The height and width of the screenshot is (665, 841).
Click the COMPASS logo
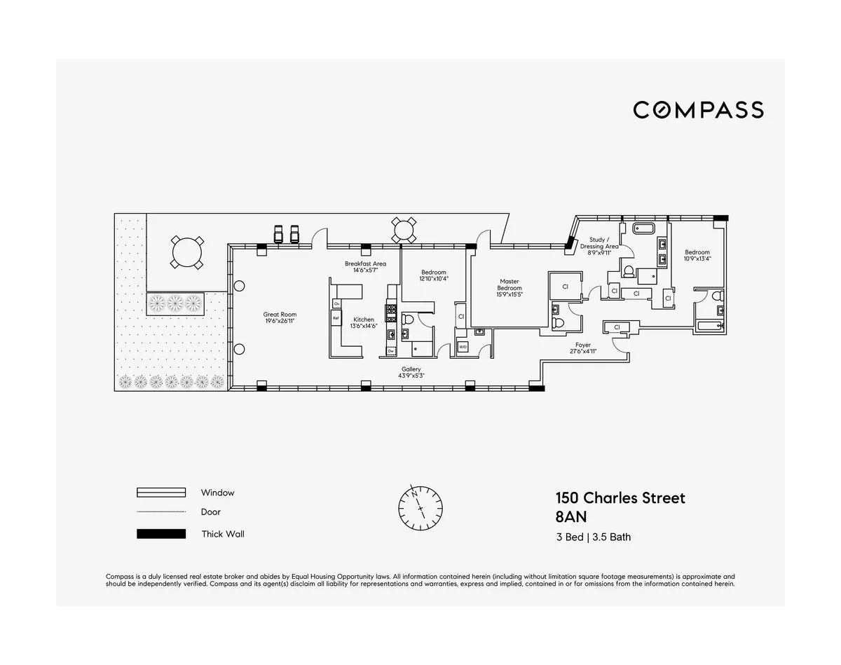click(x=698, y=110)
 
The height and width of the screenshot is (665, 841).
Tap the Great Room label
click(x=276, y=318)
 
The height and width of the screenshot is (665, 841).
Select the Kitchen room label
click(x=364, y=322)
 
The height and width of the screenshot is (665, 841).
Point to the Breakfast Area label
click(x=365, y=267)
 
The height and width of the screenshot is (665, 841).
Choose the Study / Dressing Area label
click(x=603, y=246)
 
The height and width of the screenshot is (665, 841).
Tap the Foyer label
click(x=582, y=348)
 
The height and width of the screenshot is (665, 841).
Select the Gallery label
click(x=411, y=372)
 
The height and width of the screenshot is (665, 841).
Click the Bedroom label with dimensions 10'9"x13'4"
click(x=697, y=255)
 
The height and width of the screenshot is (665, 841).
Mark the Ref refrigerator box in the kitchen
click(x=336, y=318)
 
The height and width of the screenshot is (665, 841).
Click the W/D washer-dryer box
click(x=463, y=347)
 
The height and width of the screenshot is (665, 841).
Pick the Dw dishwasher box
click(x=390, y=350)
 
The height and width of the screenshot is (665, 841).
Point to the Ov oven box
click(x=336, y=303)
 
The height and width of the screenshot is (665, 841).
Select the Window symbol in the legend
click(x=161, y=493)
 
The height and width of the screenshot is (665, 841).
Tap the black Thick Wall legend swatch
click(x=161, y=534)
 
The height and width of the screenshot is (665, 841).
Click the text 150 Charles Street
click(x=620, y=498)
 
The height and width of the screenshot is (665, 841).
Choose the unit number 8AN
click(x=570, y=519)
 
